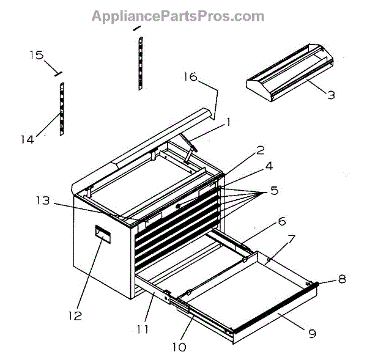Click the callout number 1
click(x=228, y=122)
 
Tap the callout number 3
click(x=330, y=95)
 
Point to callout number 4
click(x=268, y=165)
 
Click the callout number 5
click(x=274, y=191)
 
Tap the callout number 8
click(x=341, y=279)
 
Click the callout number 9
click(x=312, y=334)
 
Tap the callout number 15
click(x=37, y=56)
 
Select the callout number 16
click(x=190, y=76)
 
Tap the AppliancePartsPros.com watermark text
click(x=178, y=17)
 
